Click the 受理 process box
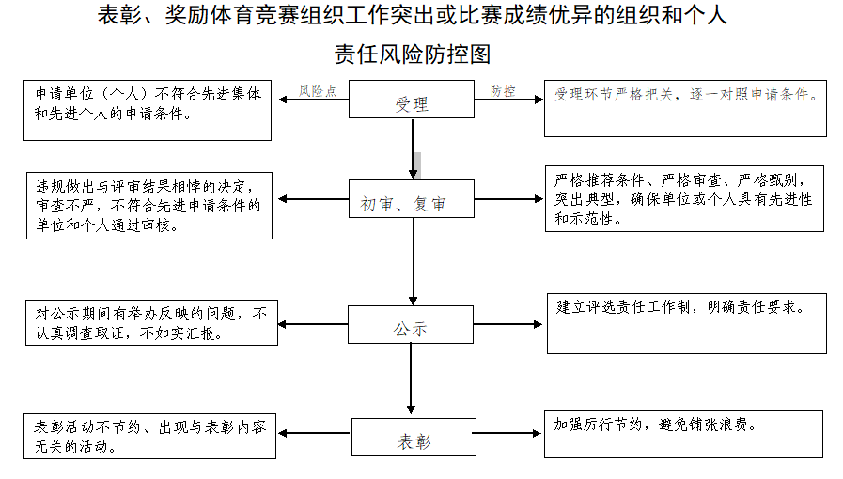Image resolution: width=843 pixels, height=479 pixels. [x=412, y=100]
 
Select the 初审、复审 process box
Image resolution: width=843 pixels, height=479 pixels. [x=412, y=199]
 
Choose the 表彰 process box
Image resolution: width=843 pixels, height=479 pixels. [x=412, y=438]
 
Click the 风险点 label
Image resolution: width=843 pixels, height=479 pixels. [x=318, y=91]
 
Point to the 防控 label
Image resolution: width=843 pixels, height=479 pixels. [x=502, y=91]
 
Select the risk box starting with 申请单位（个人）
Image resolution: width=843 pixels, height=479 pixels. [x=148, y=110]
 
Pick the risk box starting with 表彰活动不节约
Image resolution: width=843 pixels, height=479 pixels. [x=150, y=436]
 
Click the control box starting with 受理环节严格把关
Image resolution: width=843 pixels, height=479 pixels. [x=685, y=109]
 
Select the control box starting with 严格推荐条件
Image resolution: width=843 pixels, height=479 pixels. [x=685, y=198]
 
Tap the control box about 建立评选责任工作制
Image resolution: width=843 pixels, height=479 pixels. [x=685, y=322]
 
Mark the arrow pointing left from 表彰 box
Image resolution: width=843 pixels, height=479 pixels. [x=315, y=433]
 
